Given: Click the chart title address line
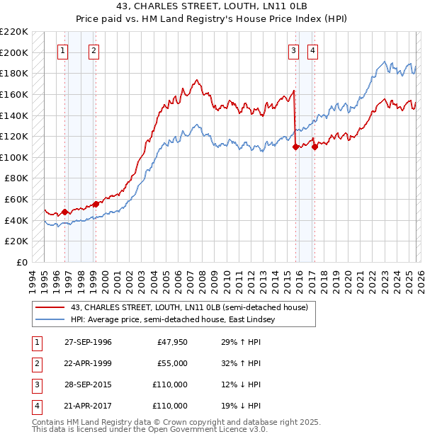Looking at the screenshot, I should click(x=212, y=6).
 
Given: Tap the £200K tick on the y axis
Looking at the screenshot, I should click(x=14, y=52).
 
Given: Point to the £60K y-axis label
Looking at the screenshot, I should click(x=16, y=200).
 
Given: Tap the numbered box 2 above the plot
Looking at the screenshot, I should click(x=94, y=50).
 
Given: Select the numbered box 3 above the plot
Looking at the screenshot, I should click(x=293, y=50).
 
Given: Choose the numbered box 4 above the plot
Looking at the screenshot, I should click(x=312, y=50).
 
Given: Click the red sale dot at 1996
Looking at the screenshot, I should click(x=65, y=212).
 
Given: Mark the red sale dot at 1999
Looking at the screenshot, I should click(x=96, y=204).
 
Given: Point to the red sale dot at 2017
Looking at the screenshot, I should click(x=314, y=147).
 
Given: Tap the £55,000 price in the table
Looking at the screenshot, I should click(x=172, y=363).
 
